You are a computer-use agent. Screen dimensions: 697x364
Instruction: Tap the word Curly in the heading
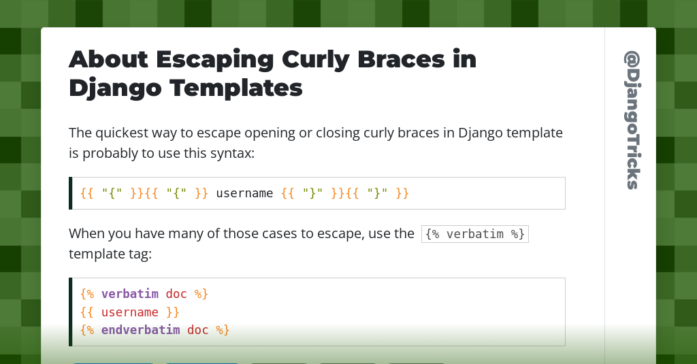(316, 61)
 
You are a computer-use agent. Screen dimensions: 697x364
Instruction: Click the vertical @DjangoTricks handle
(632, 120)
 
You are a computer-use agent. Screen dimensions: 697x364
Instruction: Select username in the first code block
(244, 193)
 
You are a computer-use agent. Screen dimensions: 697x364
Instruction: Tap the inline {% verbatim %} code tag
(474, 234)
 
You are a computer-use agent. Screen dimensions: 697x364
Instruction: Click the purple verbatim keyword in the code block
(130, 294)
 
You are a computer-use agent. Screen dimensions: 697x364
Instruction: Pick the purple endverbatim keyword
(140, 330)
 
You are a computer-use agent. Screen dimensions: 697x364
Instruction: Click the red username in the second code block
(130, 312)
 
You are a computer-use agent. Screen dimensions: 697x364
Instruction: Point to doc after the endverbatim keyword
(198, 330)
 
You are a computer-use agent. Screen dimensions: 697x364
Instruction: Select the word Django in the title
(115, 88)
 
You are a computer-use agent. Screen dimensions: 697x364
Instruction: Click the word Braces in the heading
(401, 60)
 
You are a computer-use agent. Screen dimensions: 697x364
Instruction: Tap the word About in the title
(108, 60)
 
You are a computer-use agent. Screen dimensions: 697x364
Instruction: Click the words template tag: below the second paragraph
(110, 254)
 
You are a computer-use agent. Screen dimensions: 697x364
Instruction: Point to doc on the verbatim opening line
(176, 294)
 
